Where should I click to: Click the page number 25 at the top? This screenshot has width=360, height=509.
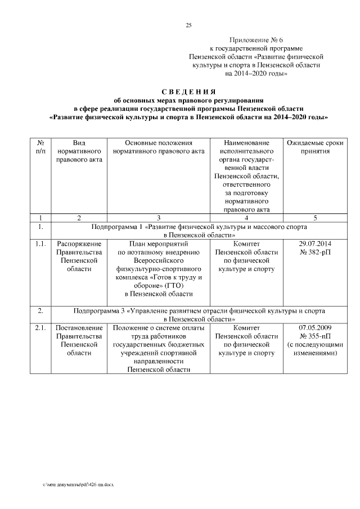coord(188,25)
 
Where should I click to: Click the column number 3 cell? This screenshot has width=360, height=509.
coord(158,218)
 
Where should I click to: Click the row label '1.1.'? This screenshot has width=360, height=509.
coord(40,244)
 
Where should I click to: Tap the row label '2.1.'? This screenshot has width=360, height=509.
coord(40,327)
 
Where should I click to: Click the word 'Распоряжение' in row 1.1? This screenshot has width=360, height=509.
coord(79,244)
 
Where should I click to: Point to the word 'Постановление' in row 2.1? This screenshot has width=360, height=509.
coord(79,327)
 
